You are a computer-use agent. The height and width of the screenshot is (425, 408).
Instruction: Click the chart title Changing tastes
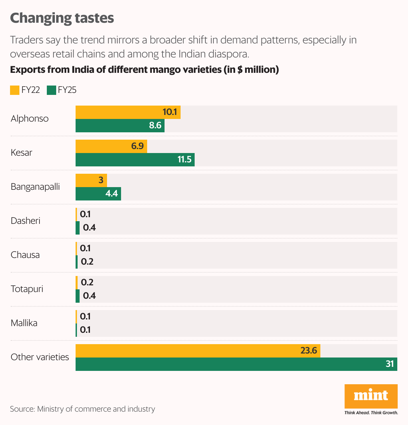62,18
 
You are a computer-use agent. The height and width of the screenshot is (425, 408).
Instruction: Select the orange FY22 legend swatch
15,90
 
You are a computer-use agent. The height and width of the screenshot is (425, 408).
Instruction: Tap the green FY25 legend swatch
51,90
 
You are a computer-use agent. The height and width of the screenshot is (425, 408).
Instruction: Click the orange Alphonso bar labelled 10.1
128,112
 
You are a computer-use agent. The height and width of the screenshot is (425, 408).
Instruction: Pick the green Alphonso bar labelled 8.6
120,126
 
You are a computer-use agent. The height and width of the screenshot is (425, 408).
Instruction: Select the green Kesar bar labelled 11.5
135,160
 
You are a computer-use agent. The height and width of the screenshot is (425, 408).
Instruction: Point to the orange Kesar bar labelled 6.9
111,146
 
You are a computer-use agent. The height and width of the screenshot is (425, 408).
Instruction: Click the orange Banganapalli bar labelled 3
91,180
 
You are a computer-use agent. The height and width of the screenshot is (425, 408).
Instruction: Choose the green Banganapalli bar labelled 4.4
98,194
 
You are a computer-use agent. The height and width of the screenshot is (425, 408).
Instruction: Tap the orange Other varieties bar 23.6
198,351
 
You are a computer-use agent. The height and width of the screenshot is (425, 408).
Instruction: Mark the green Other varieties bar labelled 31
236,364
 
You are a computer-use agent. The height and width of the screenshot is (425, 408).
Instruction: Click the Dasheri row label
25,221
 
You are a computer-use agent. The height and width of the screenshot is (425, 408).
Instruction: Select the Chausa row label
25,255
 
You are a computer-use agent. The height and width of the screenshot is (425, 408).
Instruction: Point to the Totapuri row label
27,289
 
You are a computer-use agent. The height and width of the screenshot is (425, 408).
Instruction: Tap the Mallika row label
24,323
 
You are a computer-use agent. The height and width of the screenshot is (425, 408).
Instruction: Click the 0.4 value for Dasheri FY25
89,228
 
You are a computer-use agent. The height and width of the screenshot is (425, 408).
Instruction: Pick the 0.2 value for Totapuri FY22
87,282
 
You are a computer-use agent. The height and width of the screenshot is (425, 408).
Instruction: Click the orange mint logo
371,396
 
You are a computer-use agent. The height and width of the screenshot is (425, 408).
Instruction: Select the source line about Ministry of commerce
82,409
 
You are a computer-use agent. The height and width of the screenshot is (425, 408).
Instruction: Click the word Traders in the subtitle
27,40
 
